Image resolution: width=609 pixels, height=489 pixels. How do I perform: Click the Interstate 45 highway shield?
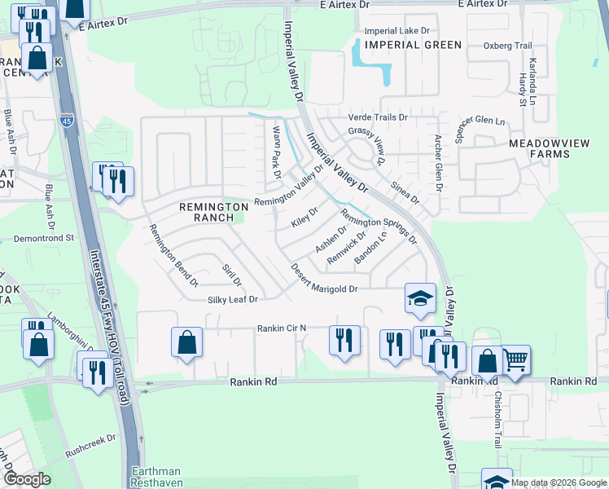click(65, 121)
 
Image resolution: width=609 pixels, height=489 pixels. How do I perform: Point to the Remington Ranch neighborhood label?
click(213, 212)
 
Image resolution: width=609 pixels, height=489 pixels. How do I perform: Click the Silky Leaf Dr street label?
click(232, 300)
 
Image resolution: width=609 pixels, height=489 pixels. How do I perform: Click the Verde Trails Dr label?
click(378, 117)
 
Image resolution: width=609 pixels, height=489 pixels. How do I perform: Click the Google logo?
click(26, 478)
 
